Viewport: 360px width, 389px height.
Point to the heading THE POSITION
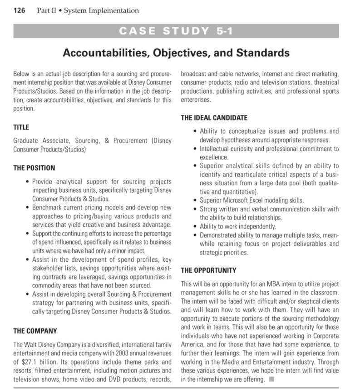34,168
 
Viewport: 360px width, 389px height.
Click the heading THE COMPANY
35,331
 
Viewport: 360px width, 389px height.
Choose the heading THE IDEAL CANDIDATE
214,117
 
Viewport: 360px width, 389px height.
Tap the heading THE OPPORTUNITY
208,270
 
